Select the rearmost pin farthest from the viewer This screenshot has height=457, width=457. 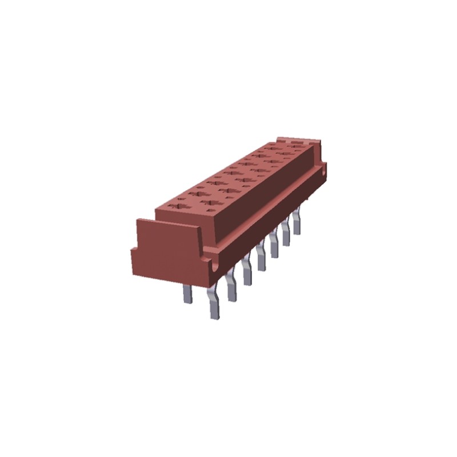coord(297,223)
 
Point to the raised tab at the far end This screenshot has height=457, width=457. coord(297,140)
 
